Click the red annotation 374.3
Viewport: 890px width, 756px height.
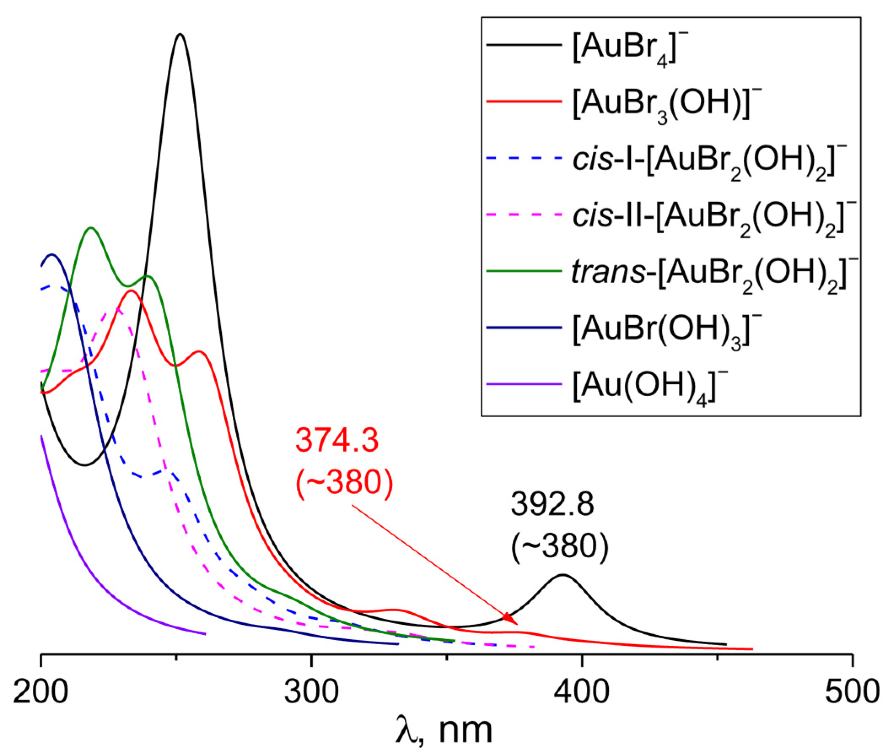point(337,441)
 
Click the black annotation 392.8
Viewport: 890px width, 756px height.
point(552,505)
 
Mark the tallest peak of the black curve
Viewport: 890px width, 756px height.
point(180,34)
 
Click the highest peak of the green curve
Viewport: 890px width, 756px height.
point(90,227)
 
